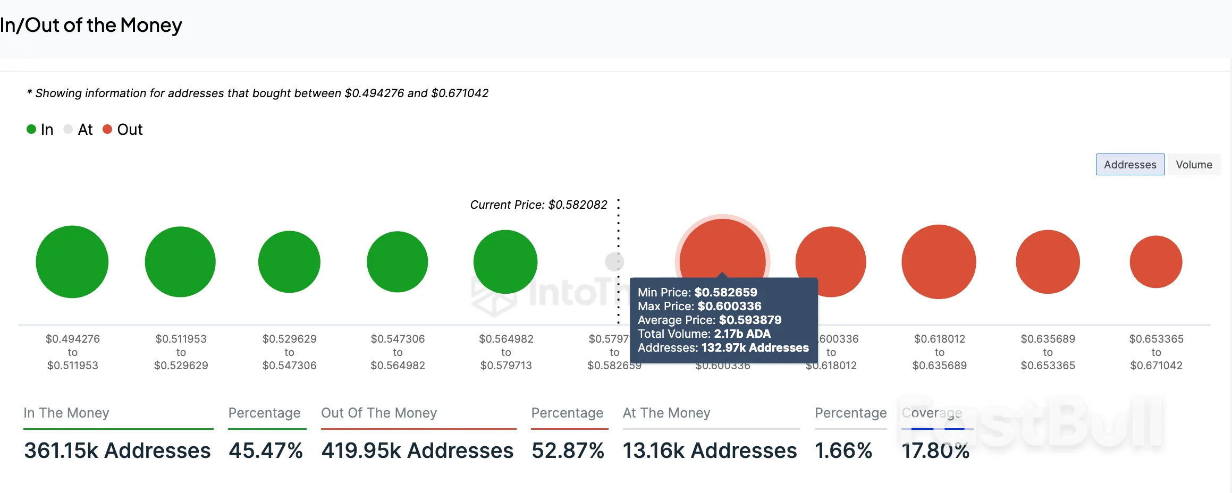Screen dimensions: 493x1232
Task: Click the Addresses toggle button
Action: [1130, 165]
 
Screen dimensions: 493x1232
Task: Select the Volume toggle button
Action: [1194, 165]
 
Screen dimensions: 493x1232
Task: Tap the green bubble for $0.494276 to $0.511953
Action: [72, 262]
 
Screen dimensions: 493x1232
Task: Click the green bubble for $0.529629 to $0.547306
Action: [289, 262]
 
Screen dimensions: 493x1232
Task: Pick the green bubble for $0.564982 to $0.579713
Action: [505, 262]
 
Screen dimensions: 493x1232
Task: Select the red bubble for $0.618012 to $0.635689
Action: [939, 262]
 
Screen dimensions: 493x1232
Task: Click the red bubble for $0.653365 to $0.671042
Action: [1156, 262]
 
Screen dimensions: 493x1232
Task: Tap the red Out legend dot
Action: [107, 129]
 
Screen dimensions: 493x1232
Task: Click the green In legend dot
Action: [31, 129]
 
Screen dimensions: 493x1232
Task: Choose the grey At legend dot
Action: [68, 129]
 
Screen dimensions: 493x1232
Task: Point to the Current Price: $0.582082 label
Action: [538, 205]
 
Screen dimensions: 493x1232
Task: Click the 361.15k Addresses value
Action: [117, 450]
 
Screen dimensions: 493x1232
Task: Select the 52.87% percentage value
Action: [568, 450]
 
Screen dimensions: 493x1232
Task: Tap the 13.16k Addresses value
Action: [710, 450]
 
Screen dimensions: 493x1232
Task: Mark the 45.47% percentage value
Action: [266, 450]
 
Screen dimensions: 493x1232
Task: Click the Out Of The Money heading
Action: [379, 413]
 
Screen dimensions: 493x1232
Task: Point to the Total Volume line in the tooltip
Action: [704, 334]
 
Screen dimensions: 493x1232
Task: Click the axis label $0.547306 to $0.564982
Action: [398, 352]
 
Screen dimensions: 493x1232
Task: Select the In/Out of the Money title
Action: [91, 25]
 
